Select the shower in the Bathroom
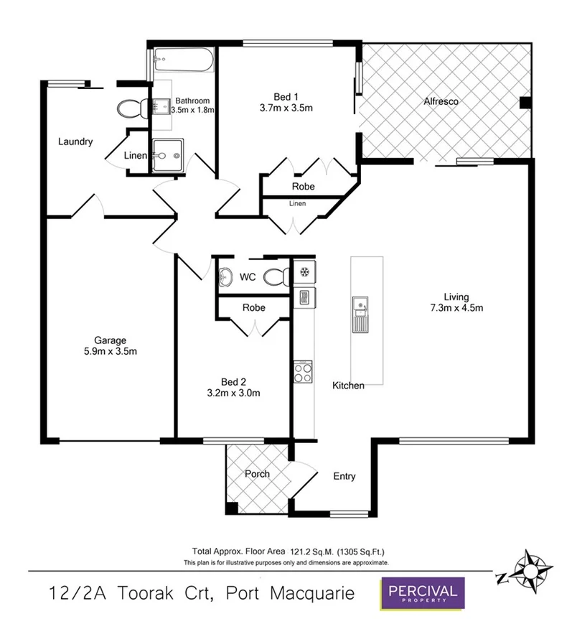click(x=167, y=154)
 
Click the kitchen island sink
click(x=359, y=314)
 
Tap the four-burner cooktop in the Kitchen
click(x=302, y=372)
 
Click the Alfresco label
click(x=441, y=101)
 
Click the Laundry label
click(x=75, y=141)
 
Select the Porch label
click(x=257, y=474)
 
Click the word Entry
click(x=344, y=476)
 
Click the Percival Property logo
click(x=422, y=593)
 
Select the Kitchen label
click(x=347, y=386)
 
